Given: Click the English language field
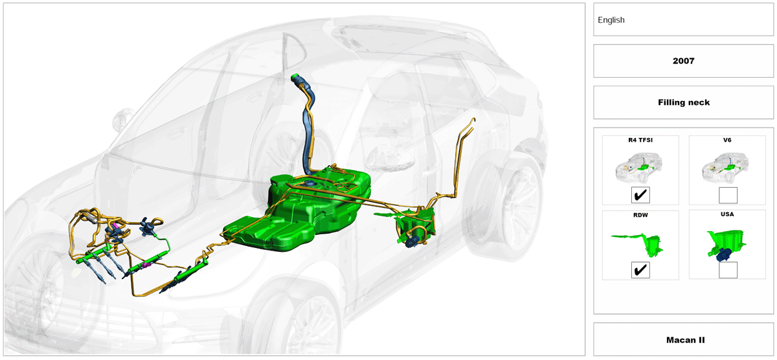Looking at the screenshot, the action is point(683,19).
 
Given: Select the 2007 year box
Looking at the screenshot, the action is point(683,61).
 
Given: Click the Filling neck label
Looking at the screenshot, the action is point(683,102).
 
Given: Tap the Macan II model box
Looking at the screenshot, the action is point(683,339).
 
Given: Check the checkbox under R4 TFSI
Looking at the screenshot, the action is point(640,195).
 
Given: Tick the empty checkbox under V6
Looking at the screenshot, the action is point(728,196).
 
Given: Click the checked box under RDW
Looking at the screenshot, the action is point(640,270).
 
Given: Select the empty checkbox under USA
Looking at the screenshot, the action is point(728,270).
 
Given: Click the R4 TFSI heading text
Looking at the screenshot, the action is point(640,140).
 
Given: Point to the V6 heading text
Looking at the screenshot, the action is point(727,140).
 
